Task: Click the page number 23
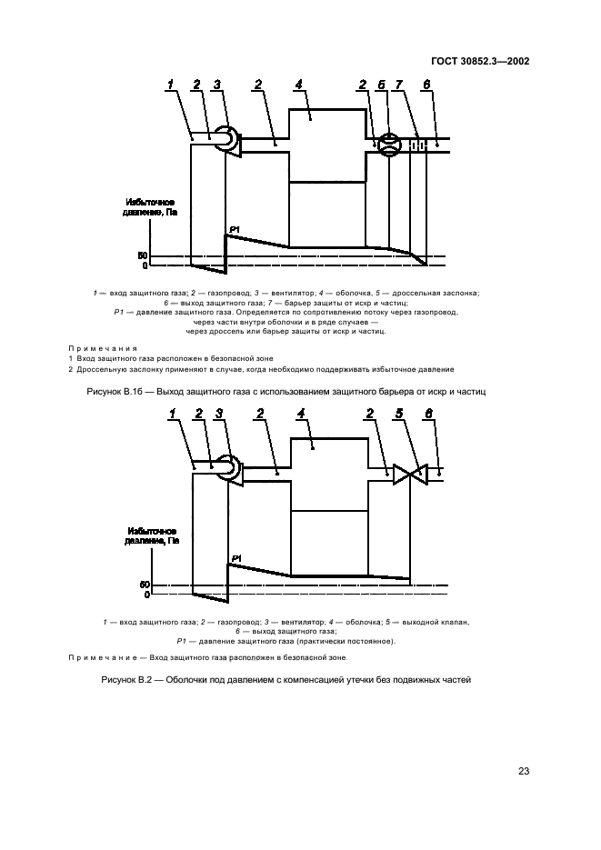pos(524,771)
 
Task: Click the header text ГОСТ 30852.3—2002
pos(479,62)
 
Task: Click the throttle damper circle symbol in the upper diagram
pos(388,145)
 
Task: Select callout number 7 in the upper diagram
pos(399,85)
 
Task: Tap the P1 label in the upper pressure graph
pos(234,228)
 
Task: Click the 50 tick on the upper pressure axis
pos(143,255)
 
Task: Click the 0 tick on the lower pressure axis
pos(145,595)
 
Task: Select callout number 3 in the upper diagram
pos(216,85)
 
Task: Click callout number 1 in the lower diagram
pos(173,415)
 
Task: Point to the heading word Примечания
pos(103,347)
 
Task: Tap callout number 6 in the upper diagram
pos(426,85)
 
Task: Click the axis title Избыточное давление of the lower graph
pos(150,535)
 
